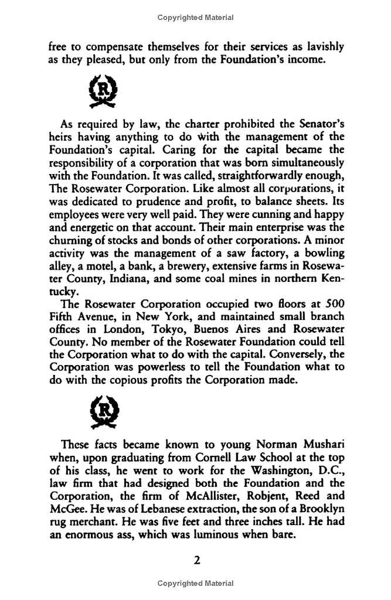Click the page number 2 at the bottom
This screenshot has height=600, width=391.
coord(197,560)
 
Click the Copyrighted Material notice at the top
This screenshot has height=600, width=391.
coord(196,18)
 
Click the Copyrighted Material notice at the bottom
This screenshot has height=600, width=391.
coord(196,584)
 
